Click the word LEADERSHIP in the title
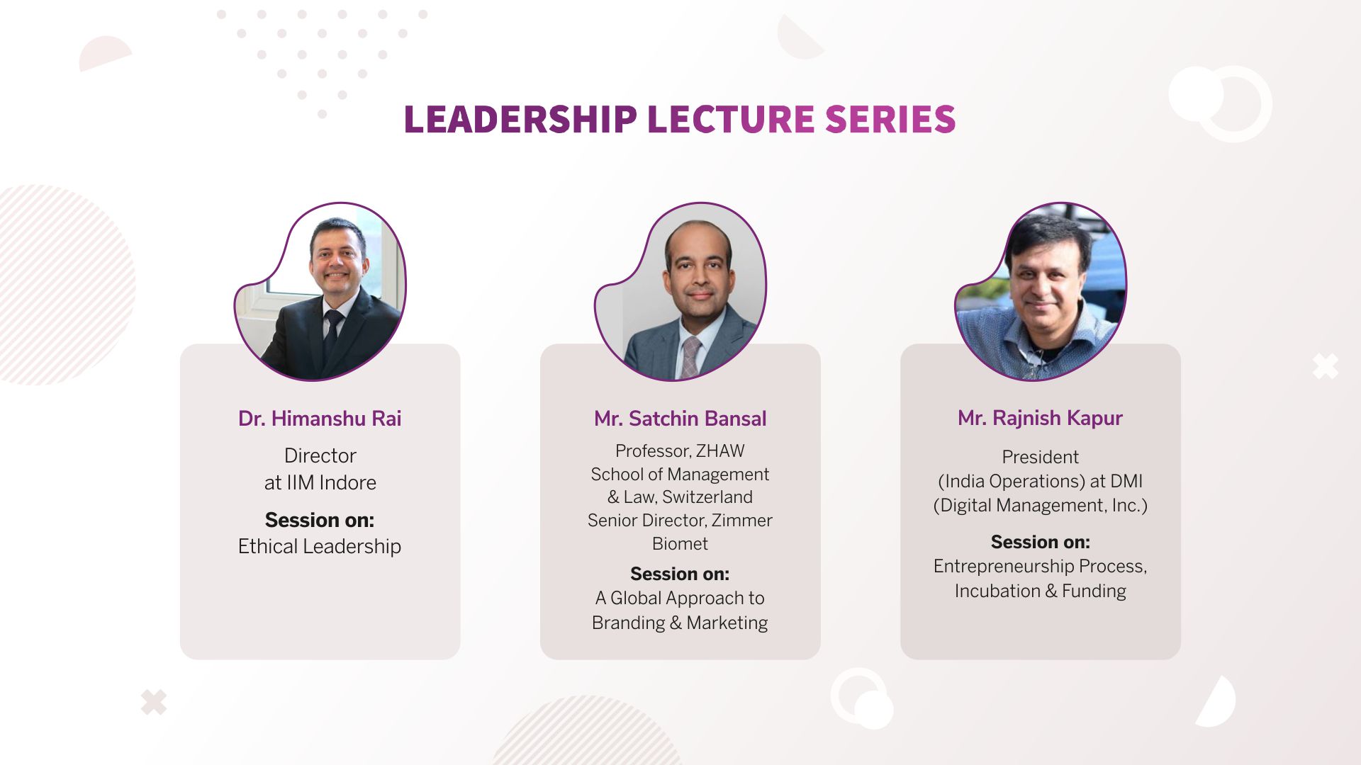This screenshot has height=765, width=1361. [520, 119]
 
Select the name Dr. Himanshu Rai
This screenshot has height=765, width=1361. [320, 419]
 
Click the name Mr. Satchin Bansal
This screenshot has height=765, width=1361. [680, 419]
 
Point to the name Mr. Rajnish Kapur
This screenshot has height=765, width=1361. [1040, 418]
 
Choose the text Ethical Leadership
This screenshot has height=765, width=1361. [320, 546]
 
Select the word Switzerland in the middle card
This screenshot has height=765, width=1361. [707, 497]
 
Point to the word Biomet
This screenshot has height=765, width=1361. [680, 544]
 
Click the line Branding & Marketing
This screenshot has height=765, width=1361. [680, 623]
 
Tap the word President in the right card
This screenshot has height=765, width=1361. [1040, 457]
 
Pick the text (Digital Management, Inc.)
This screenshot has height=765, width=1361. [1040, 506]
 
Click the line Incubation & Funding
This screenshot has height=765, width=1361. [1040, 591]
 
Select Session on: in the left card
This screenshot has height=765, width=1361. [320, 520]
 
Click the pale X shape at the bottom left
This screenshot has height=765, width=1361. [154, 702]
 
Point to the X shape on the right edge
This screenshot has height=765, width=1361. [1326, 366]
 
